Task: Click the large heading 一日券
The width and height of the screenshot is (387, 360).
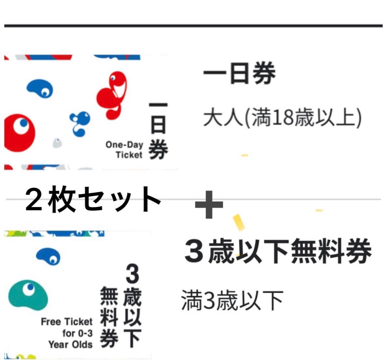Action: (x=239, y=73)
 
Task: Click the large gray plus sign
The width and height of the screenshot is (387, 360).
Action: (x=209, y=204)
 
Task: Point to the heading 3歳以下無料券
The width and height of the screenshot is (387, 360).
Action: (x=278, y=251)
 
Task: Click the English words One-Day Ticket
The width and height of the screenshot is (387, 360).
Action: (x=124, y=150)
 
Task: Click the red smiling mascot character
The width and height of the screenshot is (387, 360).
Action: (x=112, y=96)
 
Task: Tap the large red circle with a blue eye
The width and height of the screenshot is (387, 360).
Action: (x=19, y=133)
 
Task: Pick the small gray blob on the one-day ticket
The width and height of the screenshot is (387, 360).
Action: (x=57, y=143)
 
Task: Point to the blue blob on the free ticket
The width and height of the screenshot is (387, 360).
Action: (x=48, y=257)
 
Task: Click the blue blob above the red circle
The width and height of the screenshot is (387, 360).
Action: (x=40, y=88)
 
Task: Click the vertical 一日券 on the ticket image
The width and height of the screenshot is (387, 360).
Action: (x=158, y=131)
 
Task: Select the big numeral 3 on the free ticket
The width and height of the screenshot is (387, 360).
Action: (x=133, y=274)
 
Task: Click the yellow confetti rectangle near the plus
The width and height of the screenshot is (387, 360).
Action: (x=239, y=223)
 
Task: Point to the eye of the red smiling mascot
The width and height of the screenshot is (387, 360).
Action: (x=113, y=78)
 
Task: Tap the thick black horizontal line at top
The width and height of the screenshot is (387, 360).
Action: (x=193, y=26)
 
